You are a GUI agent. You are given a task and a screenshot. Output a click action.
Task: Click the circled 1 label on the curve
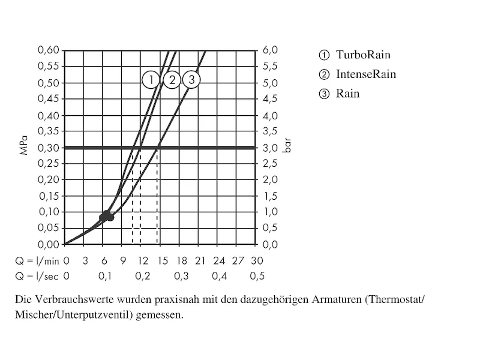(152, 80)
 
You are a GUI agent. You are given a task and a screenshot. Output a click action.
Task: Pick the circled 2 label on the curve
(172, 80)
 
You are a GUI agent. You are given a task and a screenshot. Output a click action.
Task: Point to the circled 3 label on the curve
(191, 80)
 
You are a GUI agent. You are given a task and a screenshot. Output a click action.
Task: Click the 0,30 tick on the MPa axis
(49, 148)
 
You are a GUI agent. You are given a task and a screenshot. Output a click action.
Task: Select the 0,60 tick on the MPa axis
(49, 50)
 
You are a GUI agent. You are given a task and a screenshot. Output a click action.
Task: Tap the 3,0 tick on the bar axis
(271, 148)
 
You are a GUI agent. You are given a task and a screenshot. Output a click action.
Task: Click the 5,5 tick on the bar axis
(271, 67)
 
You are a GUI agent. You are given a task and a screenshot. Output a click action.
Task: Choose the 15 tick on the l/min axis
(161, 261)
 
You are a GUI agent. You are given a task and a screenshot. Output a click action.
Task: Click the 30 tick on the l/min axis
(256, 261)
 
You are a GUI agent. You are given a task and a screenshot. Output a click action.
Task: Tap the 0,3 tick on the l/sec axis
(181, 276)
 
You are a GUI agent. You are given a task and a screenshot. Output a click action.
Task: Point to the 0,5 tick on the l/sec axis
(257, 276)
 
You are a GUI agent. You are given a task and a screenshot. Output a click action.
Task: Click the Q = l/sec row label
(37, 276)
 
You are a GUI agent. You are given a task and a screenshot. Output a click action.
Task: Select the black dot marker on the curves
(106, 217)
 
